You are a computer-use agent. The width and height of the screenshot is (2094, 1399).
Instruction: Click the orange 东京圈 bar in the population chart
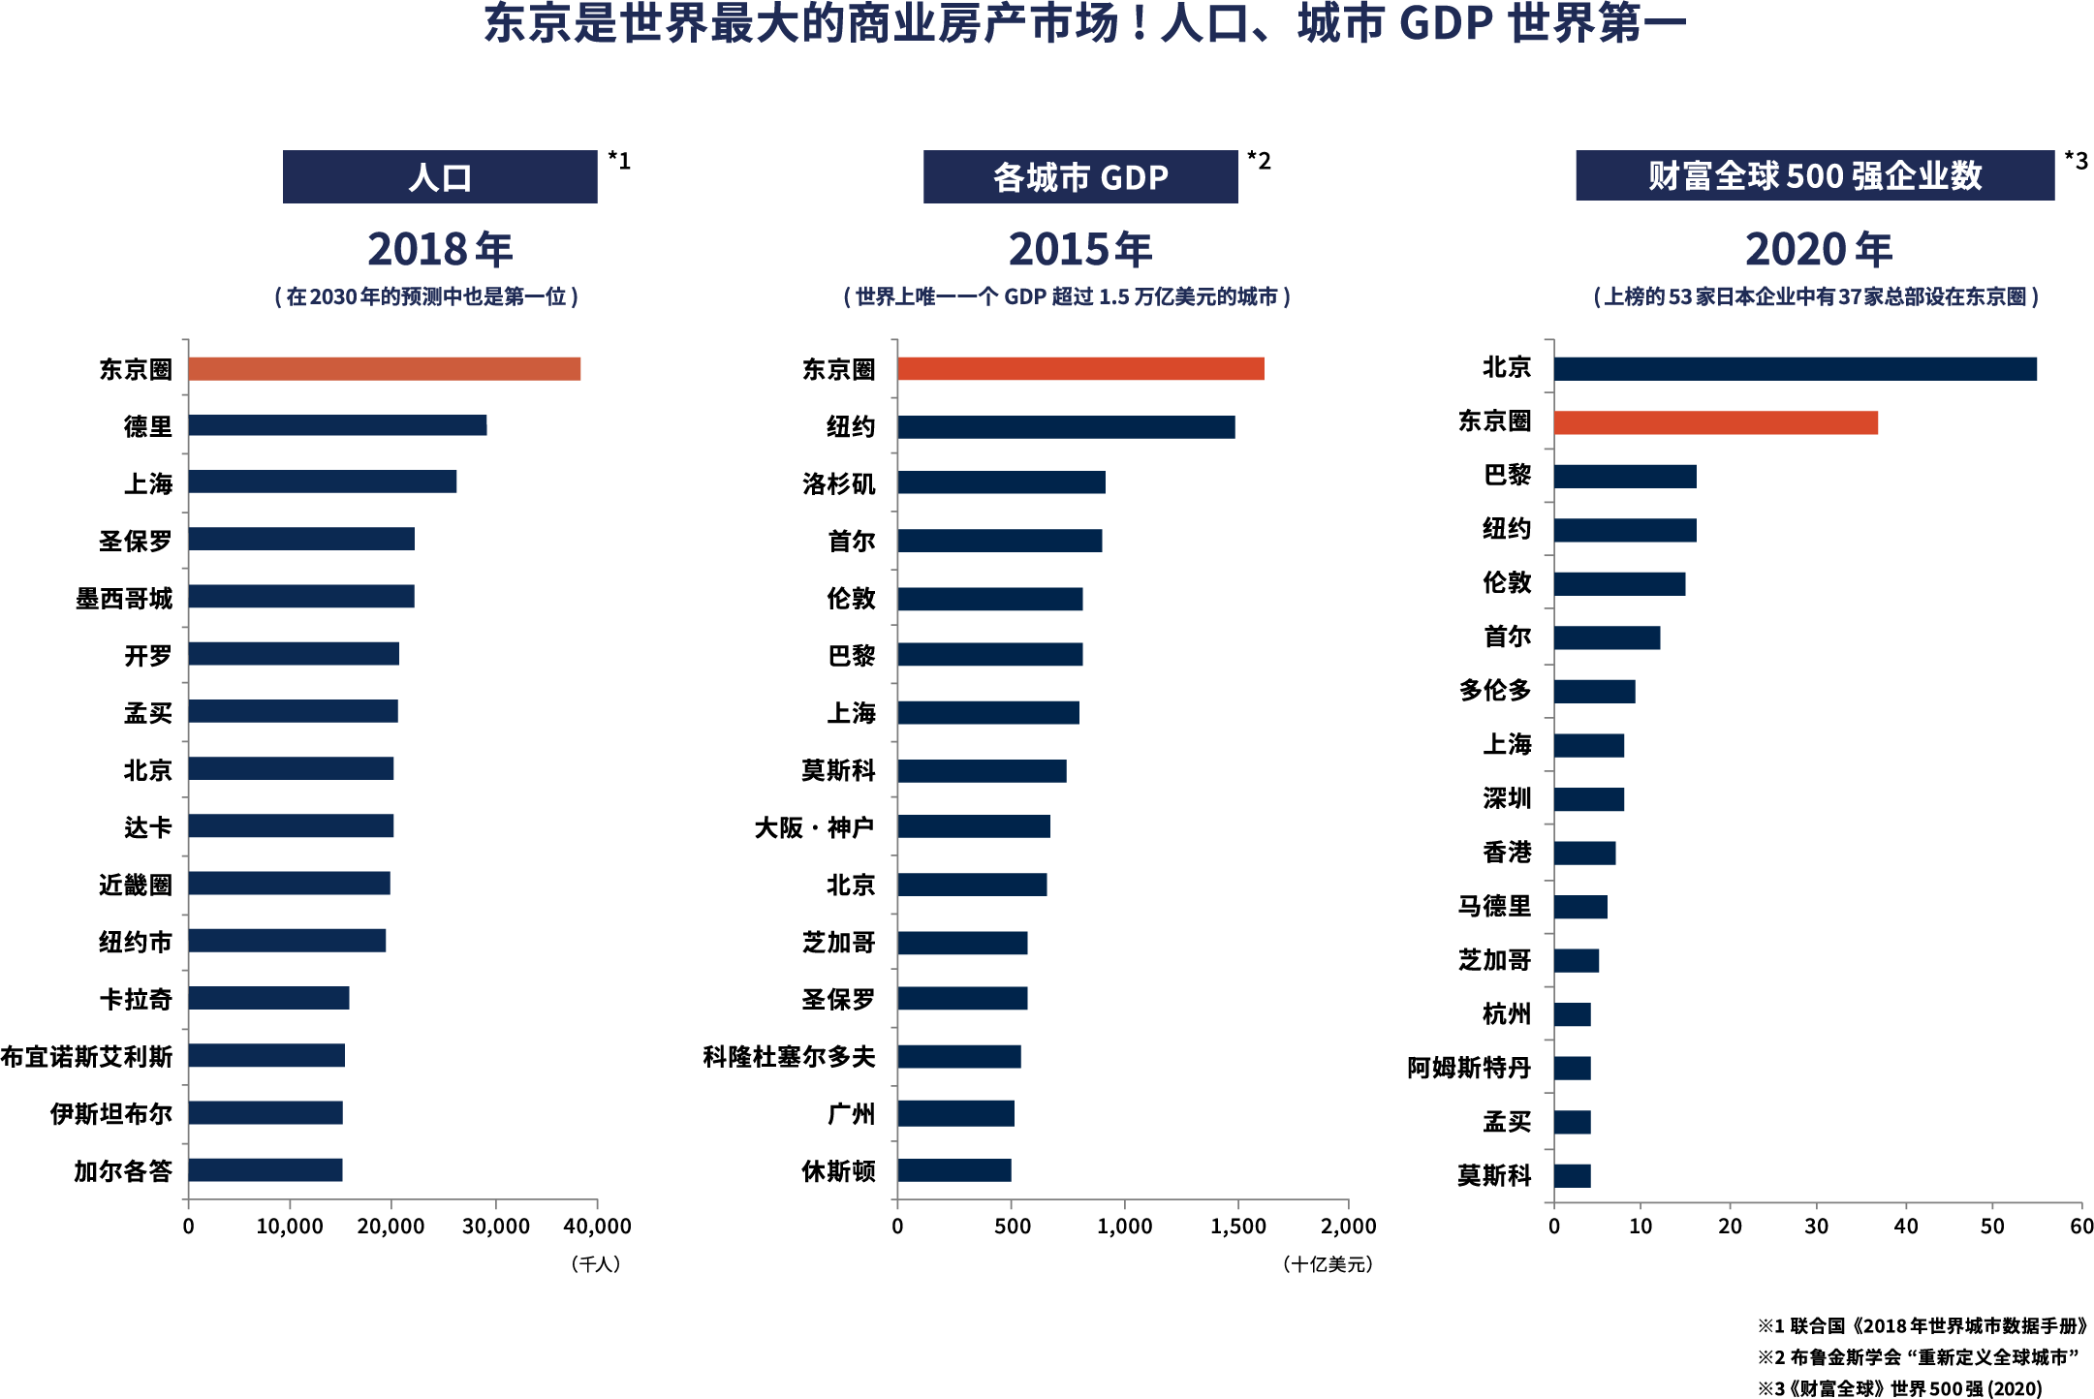[385, 369]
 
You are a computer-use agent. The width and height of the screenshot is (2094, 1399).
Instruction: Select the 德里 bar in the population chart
[337, 425]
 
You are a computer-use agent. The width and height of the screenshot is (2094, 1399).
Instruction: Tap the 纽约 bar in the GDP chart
[1066, 427]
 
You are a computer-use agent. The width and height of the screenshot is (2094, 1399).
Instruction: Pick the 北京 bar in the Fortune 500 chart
[1795, 369]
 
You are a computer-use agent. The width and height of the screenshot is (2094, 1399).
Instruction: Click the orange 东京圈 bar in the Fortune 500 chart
[1715, 423]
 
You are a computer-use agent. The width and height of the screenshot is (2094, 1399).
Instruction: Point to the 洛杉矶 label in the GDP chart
[838, 483]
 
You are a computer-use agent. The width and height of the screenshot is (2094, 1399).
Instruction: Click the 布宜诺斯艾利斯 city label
[86, 1056]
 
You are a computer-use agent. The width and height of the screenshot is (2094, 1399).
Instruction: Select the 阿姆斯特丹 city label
[1468, 1068]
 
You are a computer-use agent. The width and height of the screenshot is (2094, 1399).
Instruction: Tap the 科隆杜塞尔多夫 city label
[788, 1056]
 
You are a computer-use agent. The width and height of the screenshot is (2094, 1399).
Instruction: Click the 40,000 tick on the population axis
[597, 1227]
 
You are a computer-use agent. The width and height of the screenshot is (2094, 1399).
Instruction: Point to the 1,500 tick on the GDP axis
[1237, 1227]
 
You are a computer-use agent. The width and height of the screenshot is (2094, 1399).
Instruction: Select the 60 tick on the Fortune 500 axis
[2080, 1227]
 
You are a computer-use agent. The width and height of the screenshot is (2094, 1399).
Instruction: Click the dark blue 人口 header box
[440, 177]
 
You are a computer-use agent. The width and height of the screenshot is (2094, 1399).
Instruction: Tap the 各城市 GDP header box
[1079, 177]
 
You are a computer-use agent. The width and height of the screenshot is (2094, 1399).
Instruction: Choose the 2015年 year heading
[1079, 250]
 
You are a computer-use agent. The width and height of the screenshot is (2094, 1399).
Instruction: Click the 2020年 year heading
[1818, 250]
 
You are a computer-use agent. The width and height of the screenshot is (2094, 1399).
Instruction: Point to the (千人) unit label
[595, 1264]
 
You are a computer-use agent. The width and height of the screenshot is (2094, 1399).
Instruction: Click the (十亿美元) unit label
[1327, 1264]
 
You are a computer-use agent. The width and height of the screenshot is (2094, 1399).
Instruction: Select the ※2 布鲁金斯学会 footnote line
[1918, 1357]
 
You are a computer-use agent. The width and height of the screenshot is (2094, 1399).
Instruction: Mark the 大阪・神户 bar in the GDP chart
[973, 826]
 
